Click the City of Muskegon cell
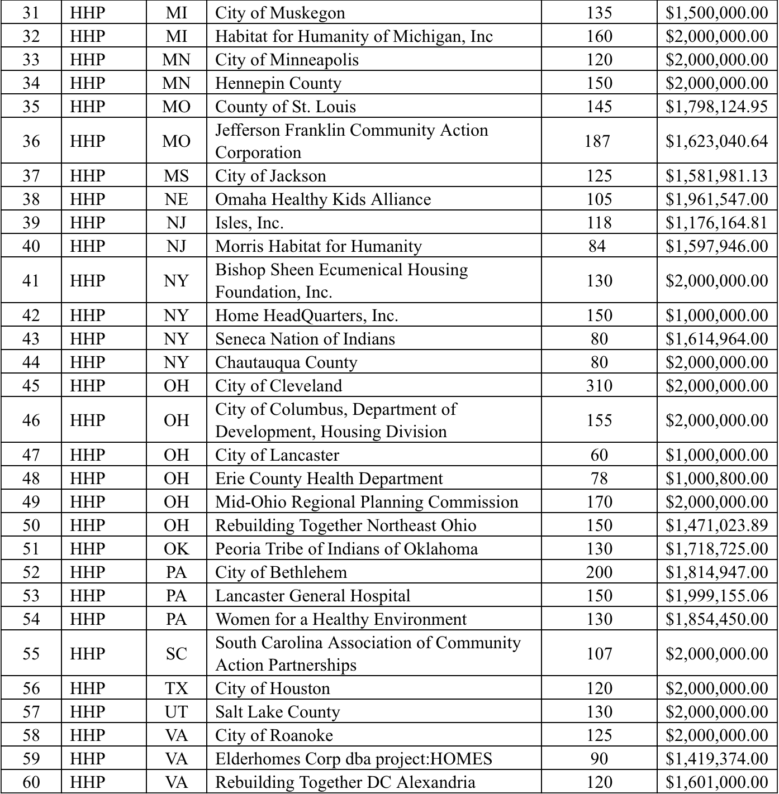pos(280,13)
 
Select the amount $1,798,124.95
pos(716,107)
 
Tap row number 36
pos(31,141)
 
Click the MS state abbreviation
pos(176,176)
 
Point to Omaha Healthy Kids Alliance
pos(323,199)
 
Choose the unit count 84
pos(597,246)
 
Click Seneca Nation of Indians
pos(305,339)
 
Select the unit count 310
pos(599,386)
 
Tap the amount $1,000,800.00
pos(716,479)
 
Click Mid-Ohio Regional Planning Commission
pos(367,502)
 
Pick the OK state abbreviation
pos(176,549)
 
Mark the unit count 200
pos(599,572)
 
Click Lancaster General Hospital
pos(313,596)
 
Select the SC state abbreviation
pos(176,654)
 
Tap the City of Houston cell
pos(273,688)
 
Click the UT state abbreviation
pos(176,712)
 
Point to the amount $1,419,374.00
pos(716,759)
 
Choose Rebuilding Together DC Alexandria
pos(345,782)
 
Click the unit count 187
pos(597,141)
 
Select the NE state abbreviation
pos(176,199)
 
